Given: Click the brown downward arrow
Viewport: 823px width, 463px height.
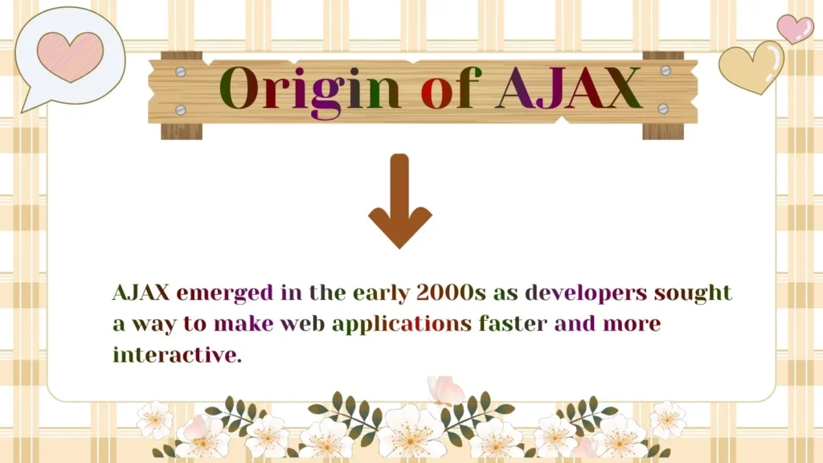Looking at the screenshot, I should pos(400,202).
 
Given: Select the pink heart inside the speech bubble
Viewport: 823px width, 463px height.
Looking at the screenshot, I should pos(70,56).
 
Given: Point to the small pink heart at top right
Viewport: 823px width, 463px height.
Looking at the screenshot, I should pos(795,28).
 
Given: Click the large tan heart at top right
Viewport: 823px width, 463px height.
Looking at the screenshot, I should pos(751,67).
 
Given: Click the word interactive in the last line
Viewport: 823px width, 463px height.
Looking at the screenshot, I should pos(177,354).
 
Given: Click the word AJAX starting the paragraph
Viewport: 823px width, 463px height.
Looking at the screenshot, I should pos(141,293).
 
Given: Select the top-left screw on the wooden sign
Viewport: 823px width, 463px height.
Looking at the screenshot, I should pos(180,72).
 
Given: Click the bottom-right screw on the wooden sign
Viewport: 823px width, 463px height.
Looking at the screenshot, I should pos(663,108).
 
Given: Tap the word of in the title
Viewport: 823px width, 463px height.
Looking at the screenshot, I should pos(448,88).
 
